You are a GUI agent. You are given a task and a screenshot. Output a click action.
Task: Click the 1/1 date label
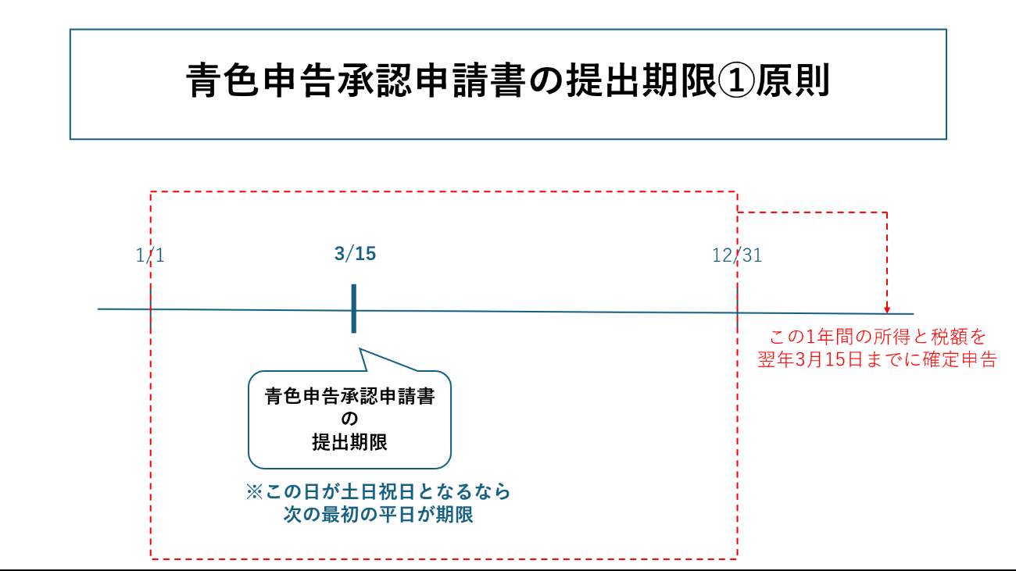click(x=150, y=255)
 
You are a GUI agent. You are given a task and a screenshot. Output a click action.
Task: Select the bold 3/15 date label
click(x=355, y=254)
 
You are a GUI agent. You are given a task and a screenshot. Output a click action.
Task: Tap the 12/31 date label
click(x=737, y=255)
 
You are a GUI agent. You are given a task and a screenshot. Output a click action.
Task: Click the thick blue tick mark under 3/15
click(x=353, y=309)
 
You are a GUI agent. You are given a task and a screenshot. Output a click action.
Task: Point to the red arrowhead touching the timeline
click(x=887, y=309)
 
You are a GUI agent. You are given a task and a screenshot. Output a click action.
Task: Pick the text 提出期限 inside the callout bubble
click(x=349, y=441)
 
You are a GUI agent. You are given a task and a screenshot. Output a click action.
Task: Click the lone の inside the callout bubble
click(x=349, y=419)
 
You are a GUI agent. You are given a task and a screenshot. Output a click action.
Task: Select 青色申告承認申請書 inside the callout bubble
click(x=349, y=397)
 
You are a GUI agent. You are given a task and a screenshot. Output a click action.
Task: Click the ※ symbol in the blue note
click(x=255, y=492)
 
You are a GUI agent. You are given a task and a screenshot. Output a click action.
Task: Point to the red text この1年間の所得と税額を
click(x=878, y=337)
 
